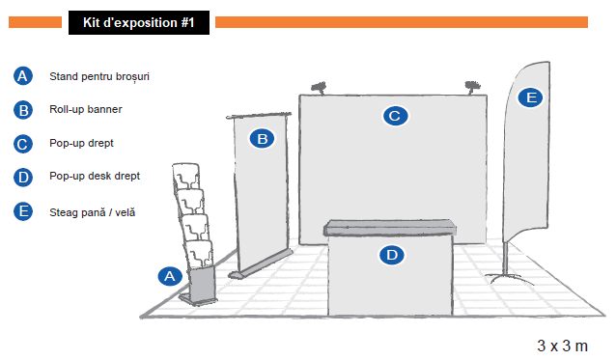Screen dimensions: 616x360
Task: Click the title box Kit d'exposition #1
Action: pos(139,23)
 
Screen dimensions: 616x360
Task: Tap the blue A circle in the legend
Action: pos(23,76)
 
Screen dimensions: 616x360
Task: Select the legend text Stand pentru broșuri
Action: pos(99,76)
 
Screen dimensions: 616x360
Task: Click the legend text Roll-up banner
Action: pos(86,109)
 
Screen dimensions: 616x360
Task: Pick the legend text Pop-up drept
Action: pos(81,143)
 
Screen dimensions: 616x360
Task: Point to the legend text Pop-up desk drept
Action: pos(95,176)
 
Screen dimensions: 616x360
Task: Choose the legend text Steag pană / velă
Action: pos(93,212)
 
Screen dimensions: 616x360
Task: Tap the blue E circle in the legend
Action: pos(23,211)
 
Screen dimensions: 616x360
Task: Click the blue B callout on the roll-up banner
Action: pos(262,139)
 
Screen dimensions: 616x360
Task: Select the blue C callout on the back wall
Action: pos(395,116)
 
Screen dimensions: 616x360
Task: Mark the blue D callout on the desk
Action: pos(392,255)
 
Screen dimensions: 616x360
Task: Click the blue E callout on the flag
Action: pos(530,97)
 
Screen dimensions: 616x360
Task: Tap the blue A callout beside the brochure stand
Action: pos(170,276)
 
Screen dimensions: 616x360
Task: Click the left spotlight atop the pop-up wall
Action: pos(319,88)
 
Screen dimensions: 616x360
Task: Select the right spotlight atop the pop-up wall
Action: pos(472,87)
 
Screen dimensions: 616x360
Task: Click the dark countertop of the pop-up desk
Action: pos(390,228)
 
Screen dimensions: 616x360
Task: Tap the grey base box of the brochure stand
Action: pos(201,284)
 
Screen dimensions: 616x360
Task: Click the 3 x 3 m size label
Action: pos(562,346)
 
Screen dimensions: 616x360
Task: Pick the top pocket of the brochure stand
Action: pos(186,177)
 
